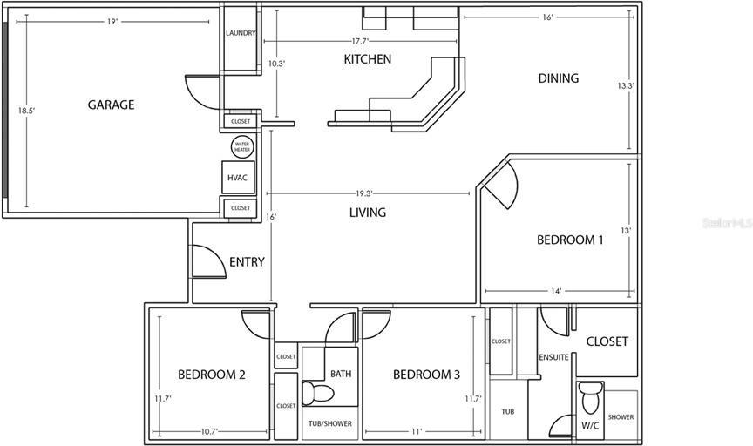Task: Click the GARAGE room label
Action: tap(111, 105)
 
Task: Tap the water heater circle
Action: tap(242, 147)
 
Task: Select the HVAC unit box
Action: tap(238, 178)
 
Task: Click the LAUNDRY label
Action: tap(241, 33)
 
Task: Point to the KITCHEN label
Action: tap(368, 59)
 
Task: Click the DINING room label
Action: tap(558, 78)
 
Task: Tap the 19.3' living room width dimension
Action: tap(364, 193)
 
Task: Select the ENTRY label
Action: tap(247, 261)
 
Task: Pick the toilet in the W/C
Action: tap(590, 397)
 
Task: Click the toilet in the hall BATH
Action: tap(317, 393)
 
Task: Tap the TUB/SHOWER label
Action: tap(330, 423)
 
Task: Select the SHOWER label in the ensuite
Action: tap(621, 417)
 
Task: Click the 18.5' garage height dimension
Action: tap(26, 111)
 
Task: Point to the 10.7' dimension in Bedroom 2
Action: tap(209, 431)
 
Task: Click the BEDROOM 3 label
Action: tap(426, 375)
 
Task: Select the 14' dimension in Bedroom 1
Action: tap(556, 291)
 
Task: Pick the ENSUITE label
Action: tap(553, 357)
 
